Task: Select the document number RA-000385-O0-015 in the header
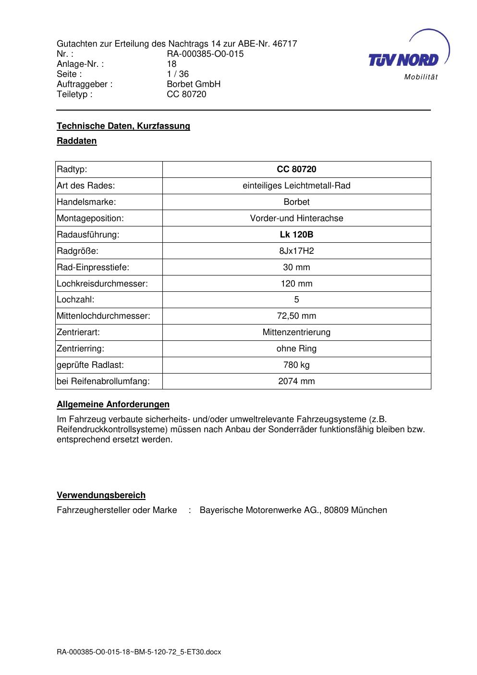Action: tap(205, 54)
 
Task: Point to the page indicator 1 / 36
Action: tap(178, 74)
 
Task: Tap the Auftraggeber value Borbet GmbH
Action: tap(194, 84)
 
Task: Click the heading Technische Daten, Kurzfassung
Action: tap(123, 126)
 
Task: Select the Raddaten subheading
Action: tap(77, 141)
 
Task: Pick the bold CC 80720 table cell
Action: tap(296, 169)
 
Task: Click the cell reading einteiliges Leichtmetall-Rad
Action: tap(296, 186)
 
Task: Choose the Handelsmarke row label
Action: tap(86, 202)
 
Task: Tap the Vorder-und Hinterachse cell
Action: tap(296, 218)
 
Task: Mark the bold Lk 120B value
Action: tap(296, 235)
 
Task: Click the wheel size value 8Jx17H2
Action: tap(296, 251)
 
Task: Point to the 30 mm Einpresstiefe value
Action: tap(296, 267)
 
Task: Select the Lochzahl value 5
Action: tap(296, 300)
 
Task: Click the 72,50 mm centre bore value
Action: tap(296, 316)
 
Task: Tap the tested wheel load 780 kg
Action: tap(296, 365)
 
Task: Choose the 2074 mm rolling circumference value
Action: tap(296, 381)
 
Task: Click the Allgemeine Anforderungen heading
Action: tap(113, 404)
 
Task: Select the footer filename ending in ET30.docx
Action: tap(139, 652)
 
